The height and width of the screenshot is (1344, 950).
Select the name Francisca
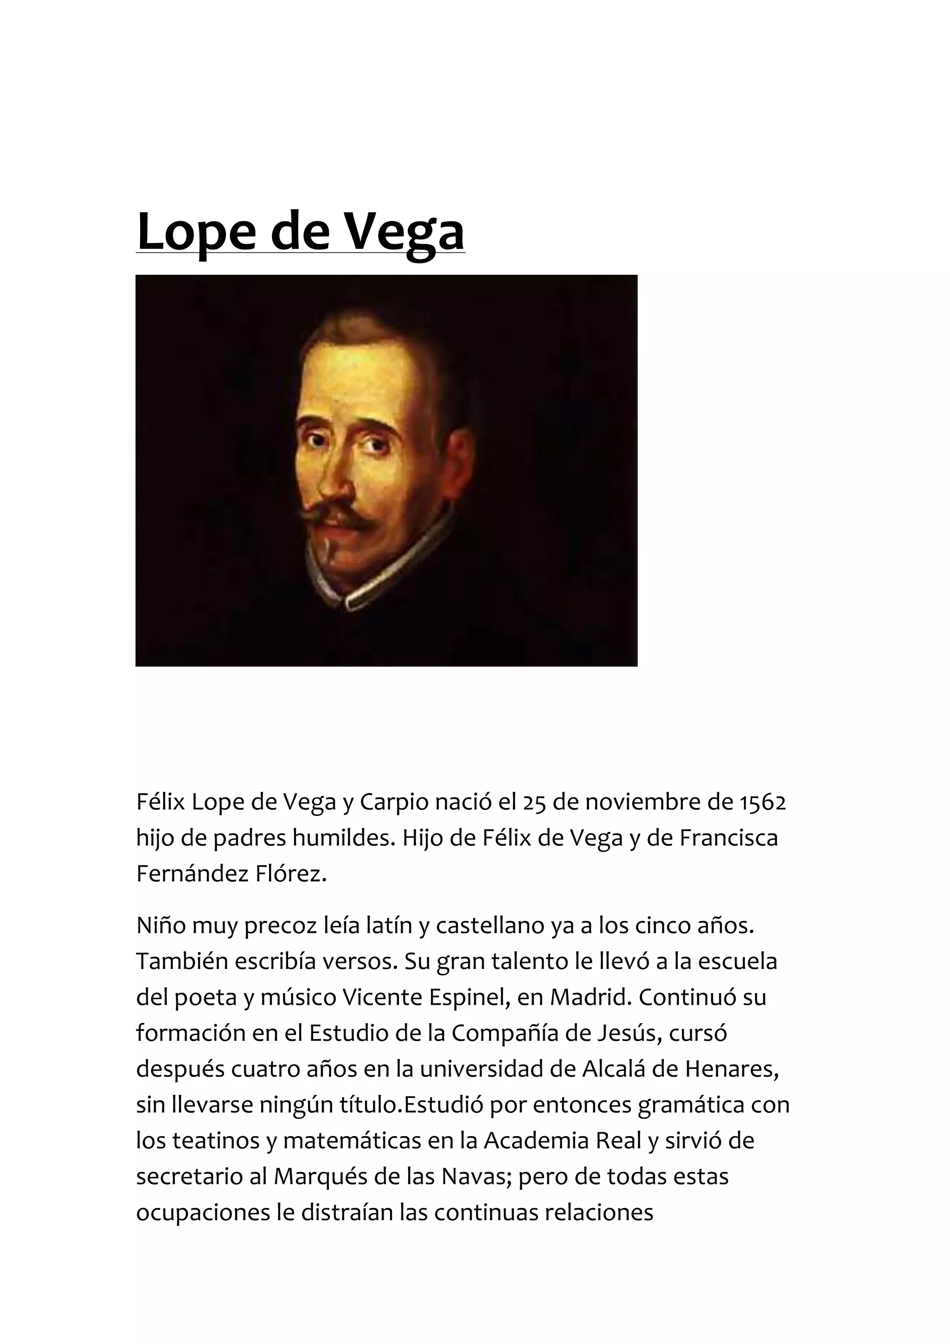point(728,838)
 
